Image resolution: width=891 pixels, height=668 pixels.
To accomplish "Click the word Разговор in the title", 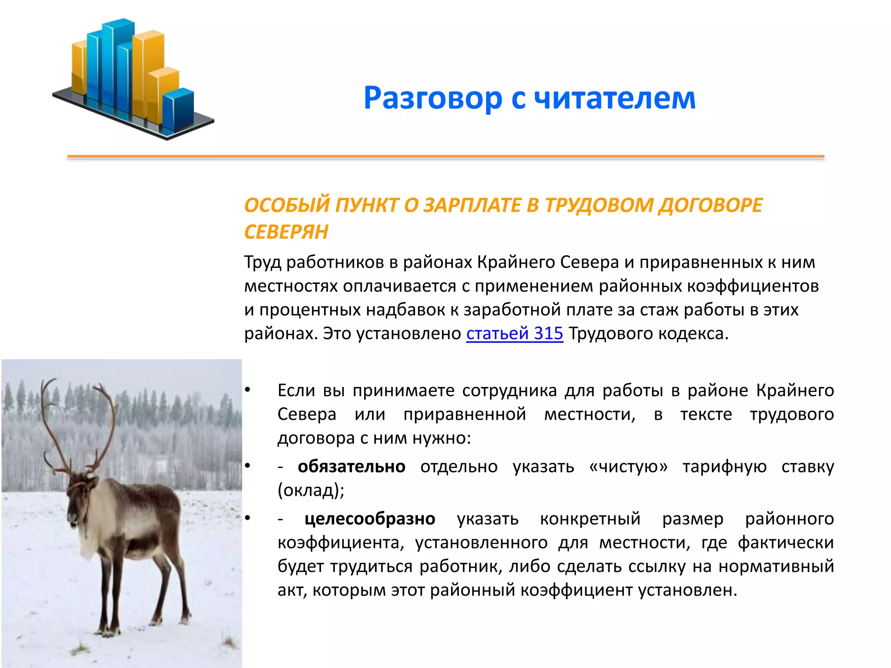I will (432, 98).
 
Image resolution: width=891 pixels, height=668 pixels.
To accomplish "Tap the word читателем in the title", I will (614, 98).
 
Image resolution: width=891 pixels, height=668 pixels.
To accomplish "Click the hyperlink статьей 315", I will (514, 334).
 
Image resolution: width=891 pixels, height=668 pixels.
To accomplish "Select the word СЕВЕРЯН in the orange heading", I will (286, 232).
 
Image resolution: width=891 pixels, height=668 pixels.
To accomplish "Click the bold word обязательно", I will (351, 467).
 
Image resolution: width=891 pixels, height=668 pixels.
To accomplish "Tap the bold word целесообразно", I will (369, 519).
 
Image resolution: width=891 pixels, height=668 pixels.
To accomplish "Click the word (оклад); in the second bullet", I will (311, 491).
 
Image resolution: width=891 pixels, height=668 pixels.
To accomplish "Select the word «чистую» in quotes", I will (628, 467).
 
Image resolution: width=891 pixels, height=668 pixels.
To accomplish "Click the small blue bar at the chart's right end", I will (178, 111).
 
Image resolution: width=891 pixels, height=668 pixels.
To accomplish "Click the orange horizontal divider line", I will (445, 156).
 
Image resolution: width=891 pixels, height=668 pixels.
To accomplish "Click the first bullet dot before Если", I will (248, 390).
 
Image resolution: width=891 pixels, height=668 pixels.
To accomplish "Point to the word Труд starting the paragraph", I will (262, 262).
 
